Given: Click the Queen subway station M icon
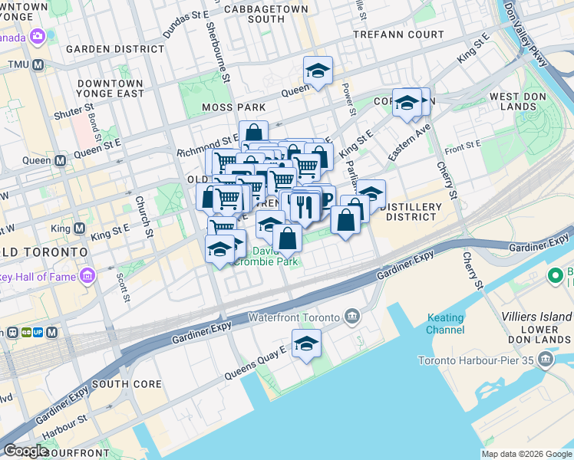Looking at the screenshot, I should pyautogui.click(x=59, y=161).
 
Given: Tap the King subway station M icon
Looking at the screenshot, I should pyautogui.click(x=79, y=228).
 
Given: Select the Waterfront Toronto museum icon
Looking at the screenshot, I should pyautogui.click(x=352, y=317).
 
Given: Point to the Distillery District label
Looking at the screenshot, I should pyautogui.click(x=411, y=212).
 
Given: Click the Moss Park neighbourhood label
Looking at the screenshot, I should pyautogui.click(x=233, y=107).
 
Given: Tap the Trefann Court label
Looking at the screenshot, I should pyautogui.click(x=398, y=35).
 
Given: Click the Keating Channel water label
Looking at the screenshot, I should pyautogui.click(x=445, y=324).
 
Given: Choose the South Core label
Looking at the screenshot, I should pyautogui.click(x=127, y=384).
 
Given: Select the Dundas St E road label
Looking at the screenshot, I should pyautogui.click(x=186, y=25).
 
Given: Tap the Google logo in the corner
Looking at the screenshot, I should pyautogui.click(x=26, y=452).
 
